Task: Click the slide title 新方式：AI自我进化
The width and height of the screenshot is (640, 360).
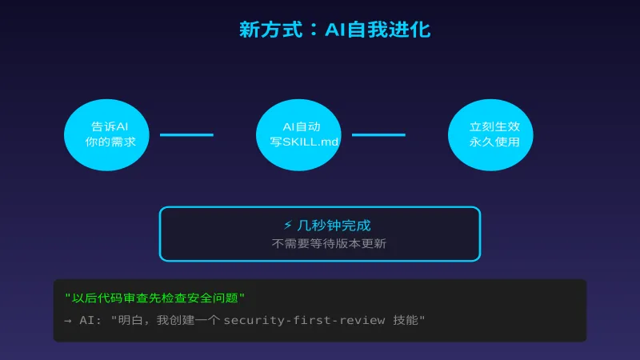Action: coord(334,30)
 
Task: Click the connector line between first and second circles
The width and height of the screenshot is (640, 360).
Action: coord(186,134)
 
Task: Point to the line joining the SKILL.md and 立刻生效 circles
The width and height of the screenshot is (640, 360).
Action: coord(378,134)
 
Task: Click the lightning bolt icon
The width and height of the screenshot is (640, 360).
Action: coord(288,226)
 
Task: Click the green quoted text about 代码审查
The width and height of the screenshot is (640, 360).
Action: coord(154,298)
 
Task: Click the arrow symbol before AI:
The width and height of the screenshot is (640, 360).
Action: coord(68,320)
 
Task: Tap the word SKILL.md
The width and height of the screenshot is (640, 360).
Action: coord(310,142)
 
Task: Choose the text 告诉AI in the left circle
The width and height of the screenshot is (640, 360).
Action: coord(110,126)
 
